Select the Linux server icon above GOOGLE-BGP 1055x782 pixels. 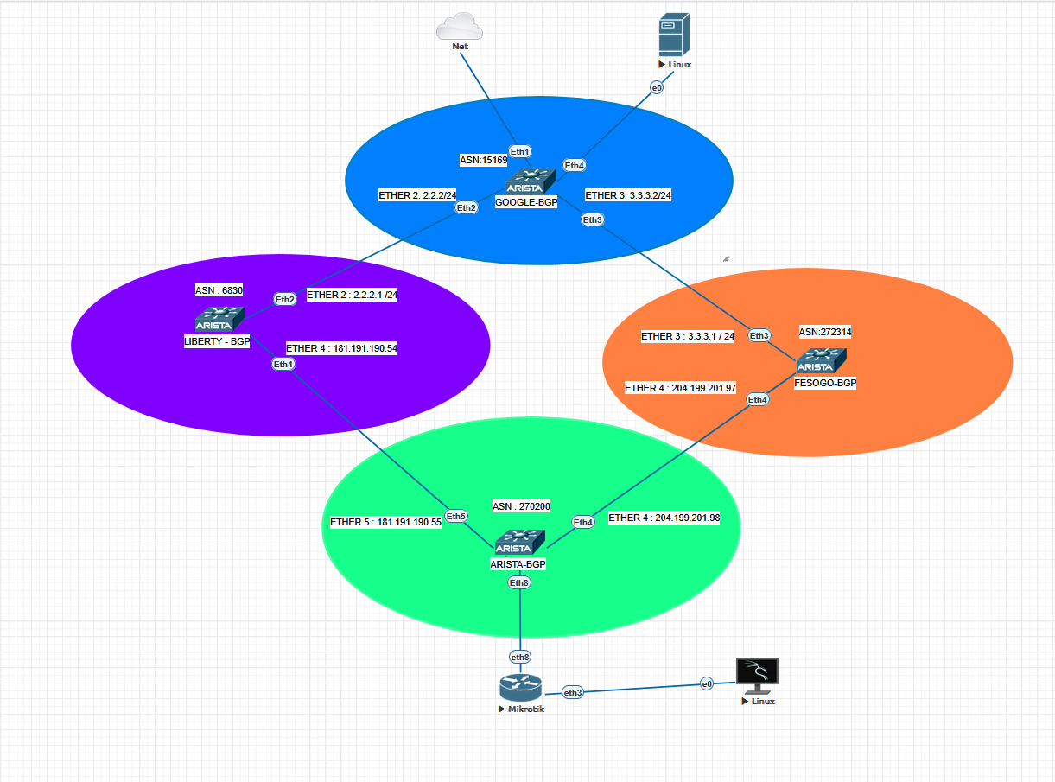pos(674,35)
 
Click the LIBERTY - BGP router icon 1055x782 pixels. pos(219,319)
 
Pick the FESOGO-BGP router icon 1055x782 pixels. pos(821,361)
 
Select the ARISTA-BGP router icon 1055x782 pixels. pos(519,543)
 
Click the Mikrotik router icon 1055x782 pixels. pos(520,688)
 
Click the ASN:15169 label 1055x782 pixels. pos(483,160)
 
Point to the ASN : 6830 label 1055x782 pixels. pos(219,290)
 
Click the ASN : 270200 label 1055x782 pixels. pos(521,506)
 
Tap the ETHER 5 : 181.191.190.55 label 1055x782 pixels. pos(385,522)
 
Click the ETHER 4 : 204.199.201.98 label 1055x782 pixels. pos(664,518)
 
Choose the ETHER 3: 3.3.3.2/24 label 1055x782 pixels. pos(628,195)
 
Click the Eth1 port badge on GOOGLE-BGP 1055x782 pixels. pos(519,151)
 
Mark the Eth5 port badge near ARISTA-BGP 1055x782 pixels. pos(455,517)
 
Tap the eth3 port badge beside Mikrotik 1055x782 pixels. pos(573,692)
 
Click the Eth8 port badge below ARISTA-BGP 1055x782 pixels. pos(519,582)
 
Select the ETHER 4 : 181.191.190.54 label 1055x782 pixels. pos(341,348)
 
